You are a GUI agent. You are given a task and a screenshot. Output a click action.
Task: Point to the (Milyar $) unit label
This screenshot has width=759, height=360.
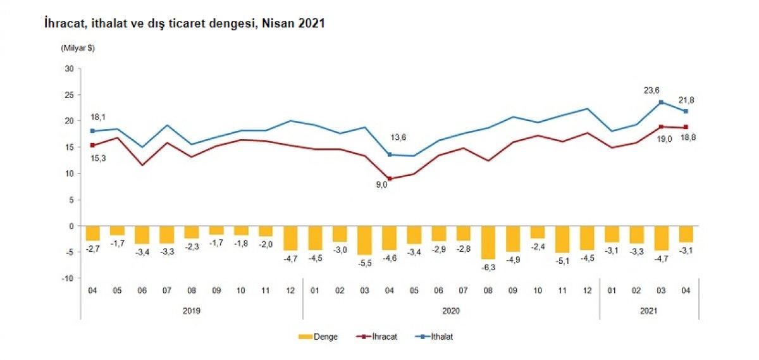78,48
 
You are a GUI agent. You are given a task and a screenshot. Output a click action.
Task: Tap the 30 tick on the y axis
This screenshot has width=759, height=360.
70,68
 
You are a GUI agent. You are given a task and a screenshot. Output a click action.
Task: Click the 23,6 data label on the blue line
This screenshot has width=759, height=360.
661,89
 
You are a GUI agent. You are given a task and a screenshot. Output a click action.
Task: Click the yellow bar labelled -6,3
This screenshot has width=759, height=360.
488,242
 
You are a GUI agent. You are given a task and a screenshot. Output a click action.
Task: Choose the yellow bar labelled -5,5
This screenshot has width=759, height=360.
365,240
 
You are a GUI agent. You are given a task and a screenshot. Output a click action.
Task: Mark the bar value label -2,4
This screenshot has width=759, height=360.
538,247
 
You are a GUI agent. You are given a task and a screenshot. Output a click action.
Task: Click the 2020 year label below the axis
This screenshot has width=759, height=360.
452,311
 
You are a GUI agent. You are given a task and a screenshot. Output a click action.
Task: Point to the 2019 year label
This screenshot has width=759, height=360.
192,311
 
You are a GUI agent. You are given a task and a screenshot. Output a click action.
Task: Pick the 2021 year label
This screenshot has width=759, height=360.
649,311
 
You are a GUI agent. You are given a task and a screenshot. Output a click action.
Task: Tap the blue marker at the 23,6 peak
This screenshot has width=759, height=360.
662,102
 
